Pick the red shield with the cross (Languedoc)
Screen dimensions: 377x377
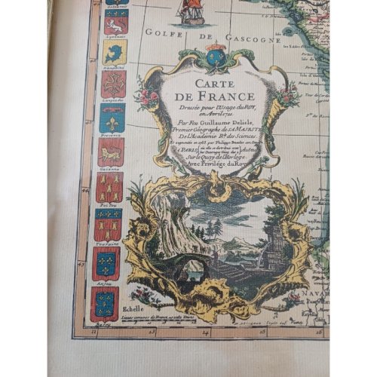click(113, 84)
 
